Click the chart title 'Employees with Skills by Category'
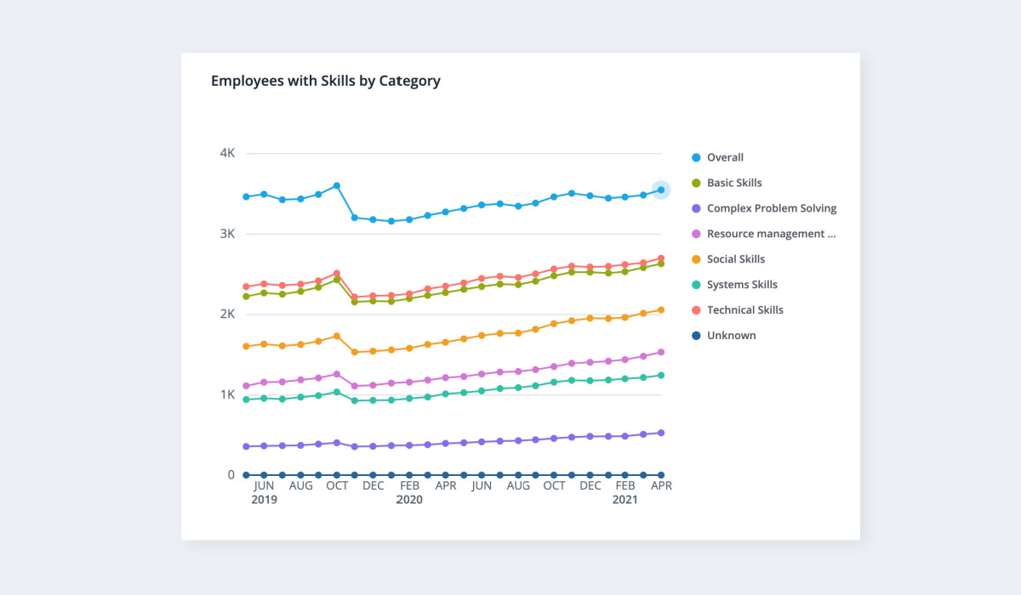325,82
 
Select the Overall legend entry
725,157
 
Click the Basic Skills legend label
734,183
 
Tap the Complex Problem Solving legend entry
771,208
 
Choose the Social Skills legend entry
735,259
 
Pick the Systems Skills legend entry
742,285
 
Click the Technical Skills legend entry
744,310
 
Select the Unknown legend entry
731,336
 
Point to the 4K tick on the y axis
227,154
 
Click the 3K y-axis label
227,234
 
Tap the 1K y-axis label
227,394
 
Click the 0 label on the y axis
231,474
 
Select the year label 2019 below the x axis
264,500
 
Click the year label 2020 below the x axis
409,500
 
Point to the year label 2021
626,500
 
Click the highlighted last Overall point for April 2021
661,190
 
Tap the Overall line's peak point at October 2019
337,185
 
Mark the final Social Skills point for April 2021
661,310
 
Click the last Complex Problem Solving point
661,433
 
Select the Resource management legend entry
771,234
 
